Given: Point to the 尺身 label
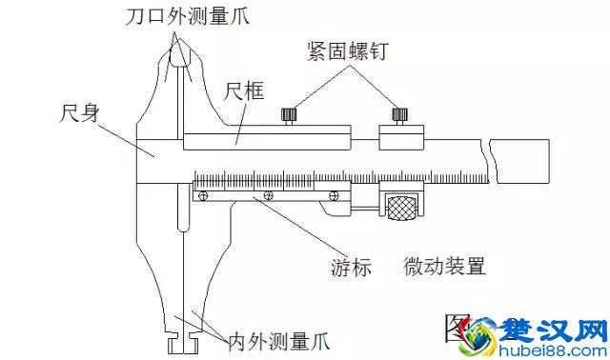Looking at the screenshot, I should (79, 112).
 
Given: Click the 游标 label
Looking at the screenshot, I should (353, 268).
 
